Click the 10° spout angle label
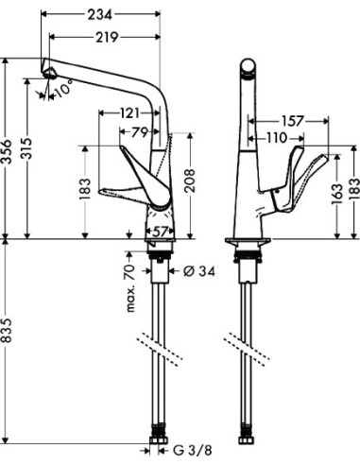click(x=63, y=92)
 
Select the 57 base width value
click(x=159, y=230)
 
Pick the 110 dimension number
click(x=274, y=139)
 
